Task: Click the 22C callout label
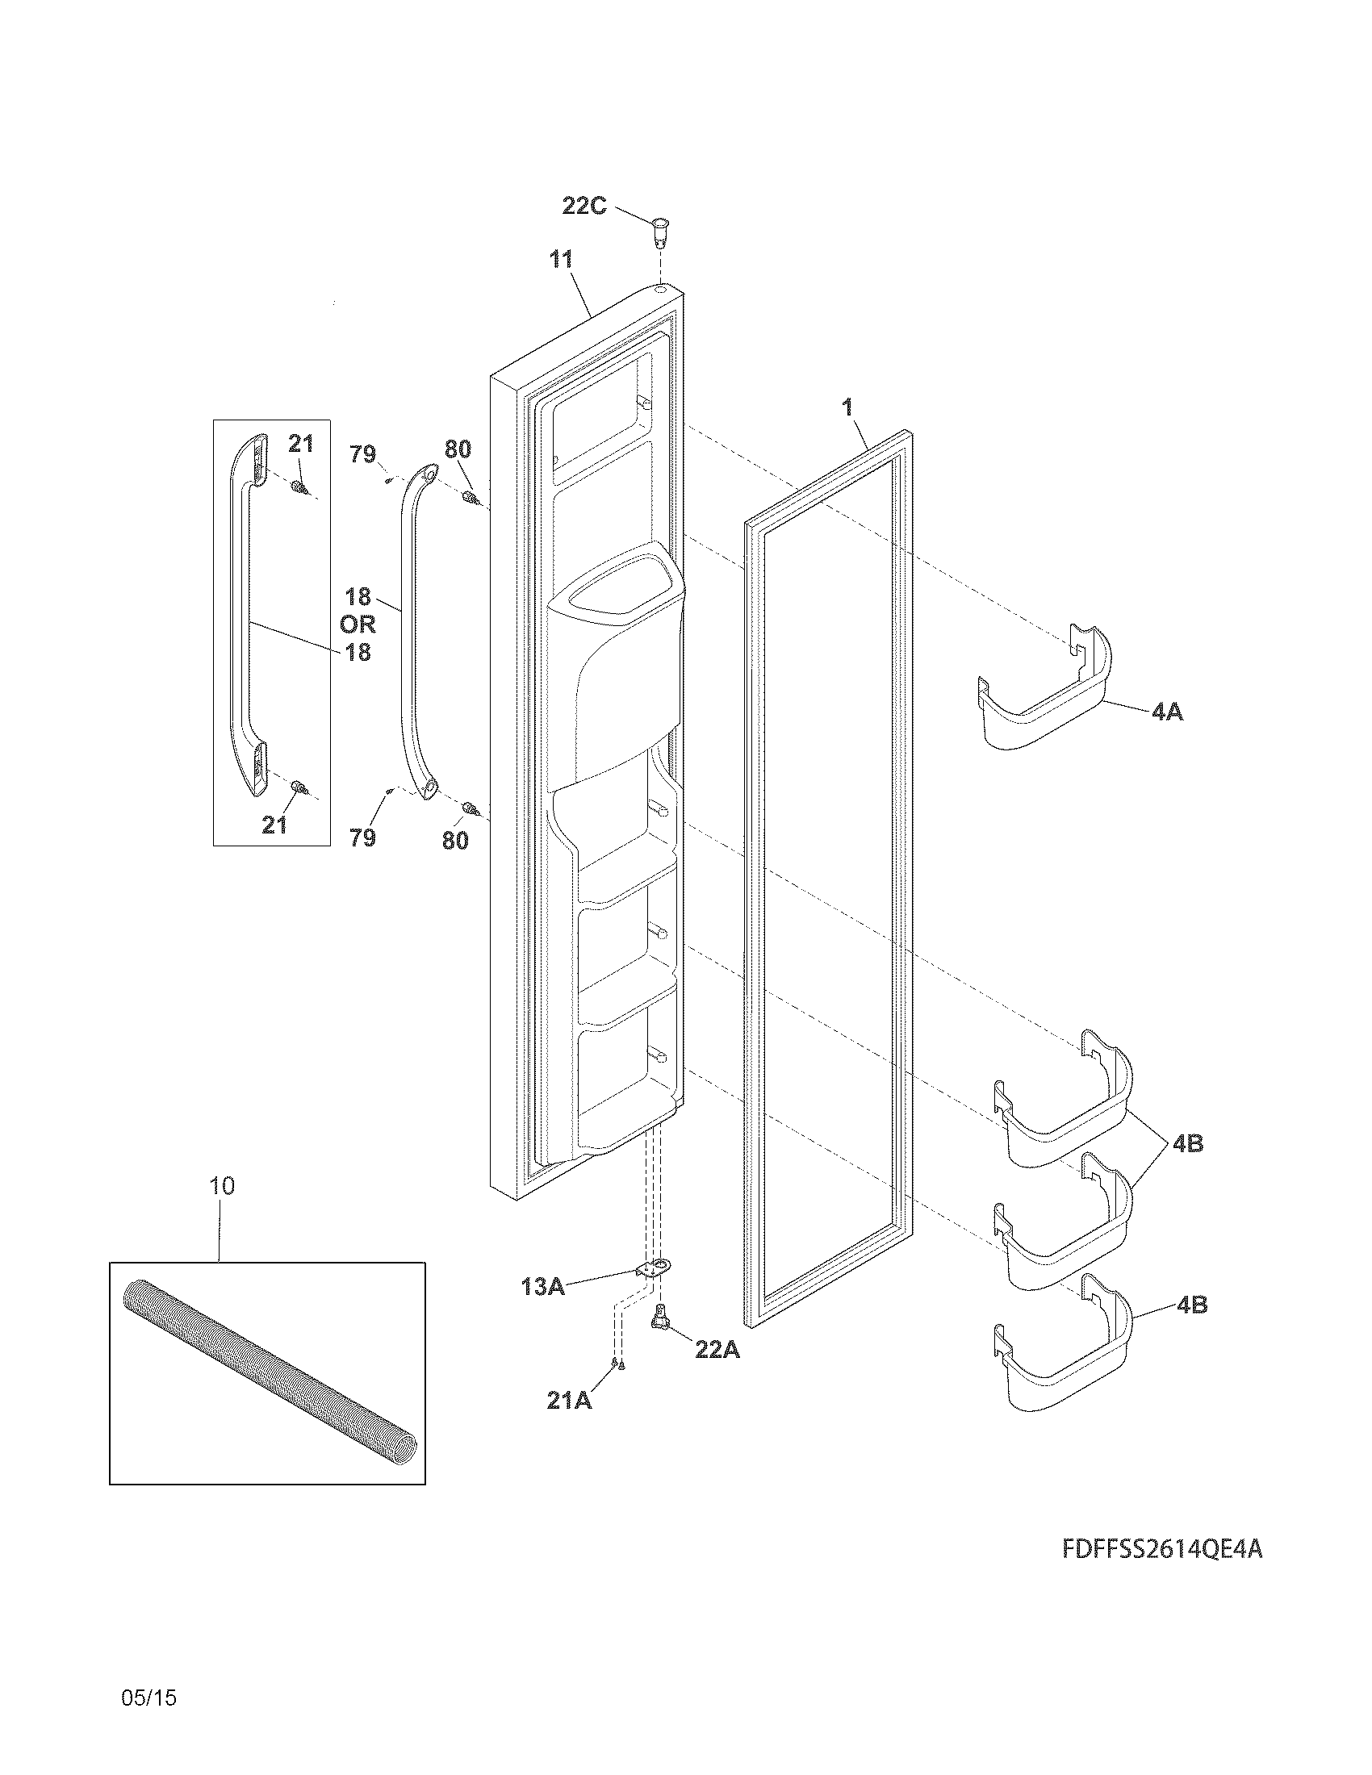[x=584, y=206]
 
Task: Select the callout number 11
[x=561, y=260]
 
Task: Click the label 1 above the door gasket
[x=847, y=408]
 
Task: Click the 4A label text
[x=1167, y=712]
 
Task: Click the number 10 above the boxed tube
[x=222, y=1186]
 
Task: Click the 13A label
[x=543, y=1287]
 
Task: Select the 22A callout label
[x=717, y=1349]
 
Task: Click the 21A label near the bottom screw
[x=569, y=1401]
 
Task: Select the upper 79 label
[x=363, y=454]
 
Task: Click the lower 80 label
[x=455, y=841]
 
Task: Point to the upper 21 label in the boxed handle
[x=301, y=444]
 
